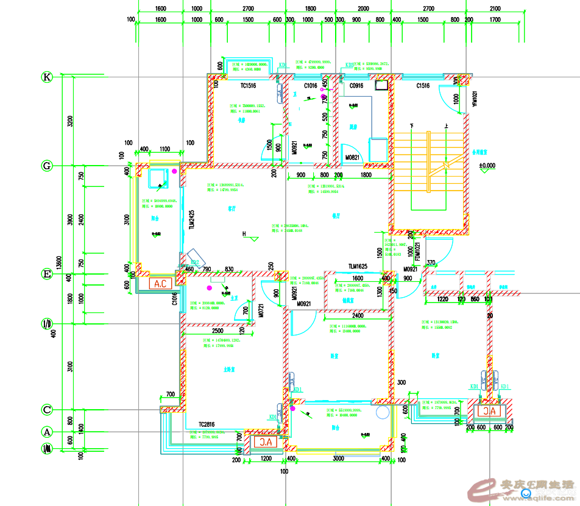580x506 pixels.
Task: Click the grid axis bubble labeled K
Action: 47,77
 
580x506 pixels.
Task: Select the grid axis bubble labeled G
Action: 47,166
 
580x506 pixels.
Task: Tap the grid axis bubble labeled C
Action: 47,410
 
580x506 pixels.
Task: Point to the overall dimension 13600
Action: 59,262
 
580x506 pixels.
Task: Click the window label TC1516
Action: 247,86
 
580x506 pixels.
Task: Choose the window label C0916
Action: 356,86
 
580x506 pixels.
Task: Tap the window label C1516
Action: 423,86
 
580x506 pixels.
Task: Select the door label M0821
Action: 353,158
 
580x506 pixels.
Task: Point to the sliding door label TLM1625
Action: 358,267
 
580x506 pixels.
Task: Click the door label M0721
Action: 260,311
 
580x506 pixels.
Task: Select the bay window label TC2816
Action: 207,424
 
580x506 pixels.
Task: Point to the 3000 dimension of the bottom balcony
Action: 338,459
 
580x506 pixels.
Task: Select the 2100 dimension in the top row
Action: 495,9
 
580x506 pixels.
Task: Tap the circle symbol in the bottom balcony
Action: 382,413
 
